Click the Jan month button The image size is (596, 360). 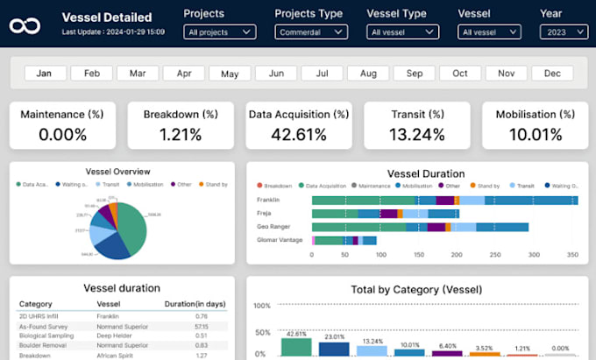click(46, 74)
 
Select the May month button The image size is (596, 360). click(230, 74)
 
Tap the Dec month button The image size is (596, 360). click(552, 74)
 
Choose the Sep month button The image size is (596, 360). click(414, 74)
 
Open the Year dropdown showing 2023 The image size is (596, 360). click(564, 32)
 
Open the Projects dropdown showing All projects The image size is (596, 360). click(220, 32)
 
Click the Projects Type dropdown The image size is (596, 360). click(311, 32)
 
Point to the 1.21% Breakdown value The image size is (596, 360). click(181, 135)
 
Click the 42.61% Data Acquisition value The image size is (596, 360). click(299, 135)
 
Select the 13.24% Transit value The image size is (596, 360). click(416, 135)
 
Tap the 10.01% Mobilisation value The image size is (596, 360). click(535, 135)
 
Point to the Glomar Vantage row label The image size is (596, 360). click(278, 239)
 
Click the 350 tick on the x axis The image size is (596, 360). click(573, 255)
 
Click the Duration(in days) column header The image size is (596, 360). click(195, 304)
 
